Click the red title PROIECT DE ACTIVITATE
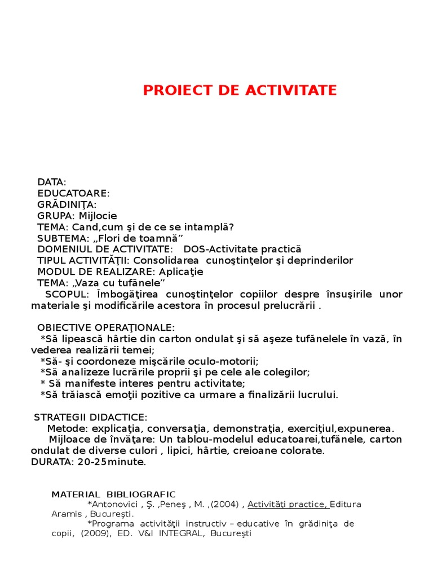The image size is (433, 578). (240, 90)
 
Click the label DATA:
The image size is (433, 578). (52, 182)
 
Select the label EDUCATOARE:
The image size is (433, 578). (73, 193)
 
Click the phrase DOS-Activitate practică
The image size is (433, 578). (242, 249)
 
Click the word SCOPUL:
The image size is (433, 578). (67, 295)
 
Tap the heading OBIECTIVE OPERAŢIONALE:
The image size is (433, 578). (106, 328)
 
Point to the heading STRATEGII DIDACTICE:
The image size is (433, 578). (90, 417)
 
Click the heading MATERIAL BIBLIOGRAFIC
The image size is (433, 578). (113, 494)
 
